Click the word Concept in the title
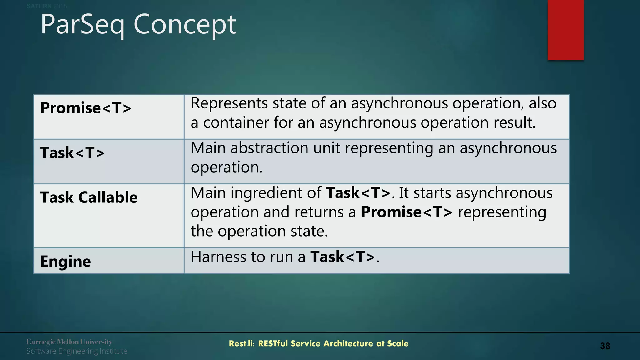185,25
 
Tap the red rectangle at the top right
566,30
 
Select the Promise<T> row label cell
86,108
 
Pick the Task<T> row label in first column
72,153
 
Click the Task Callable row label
89,197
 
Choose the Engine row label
65,261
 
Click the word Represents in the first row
229,103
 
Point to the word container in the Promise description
236,122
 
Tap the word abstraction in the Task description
269,148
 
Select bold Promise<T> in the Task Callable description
407,212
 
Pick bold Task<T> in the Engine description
342,257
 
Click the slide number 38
605,346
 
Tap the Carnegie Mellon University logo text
69,342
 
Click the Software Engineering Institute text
77,351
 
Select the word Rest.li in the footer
242,344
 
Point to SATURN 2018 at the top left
46,6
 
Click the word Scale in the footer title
397,344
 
